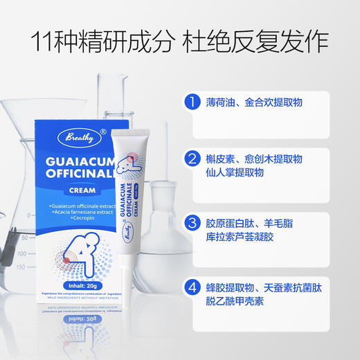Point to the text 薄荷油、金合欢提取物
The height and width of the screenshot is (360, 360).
254,103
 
